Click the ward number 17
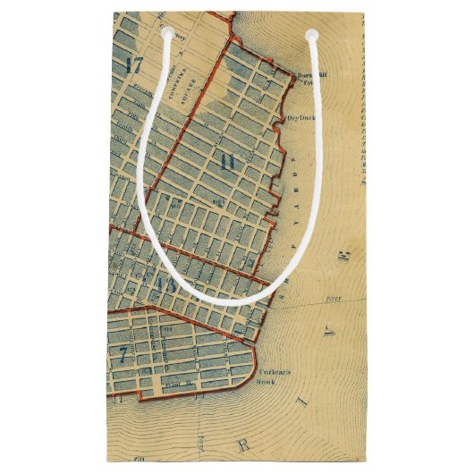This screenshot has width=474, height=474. [135, 64]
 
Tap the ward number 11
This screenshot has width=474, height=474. [226, 162]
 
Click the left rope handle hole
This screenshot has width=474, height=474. [166, 34]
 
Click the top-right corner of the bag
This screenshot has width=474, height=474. [367, 12]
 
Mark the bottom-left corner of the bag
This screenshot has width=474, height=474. [107, 461]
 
